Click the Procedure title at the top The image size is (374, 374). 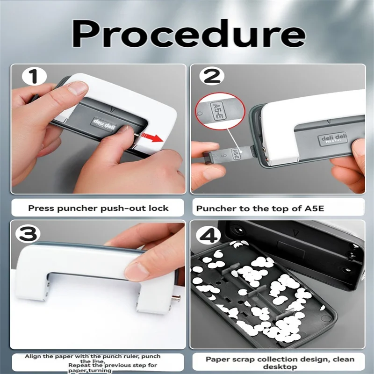coord(187,34)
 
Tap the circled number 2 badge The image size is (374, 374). coord(212,76)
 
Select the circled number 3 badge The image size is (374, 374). coord(29,233)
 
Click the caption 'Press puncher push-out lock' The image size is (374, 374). coord(98,208)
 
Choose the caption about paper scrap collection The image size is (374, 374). coord(280,363)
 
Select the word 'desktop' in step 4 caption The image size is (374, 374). coord(280,367)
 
